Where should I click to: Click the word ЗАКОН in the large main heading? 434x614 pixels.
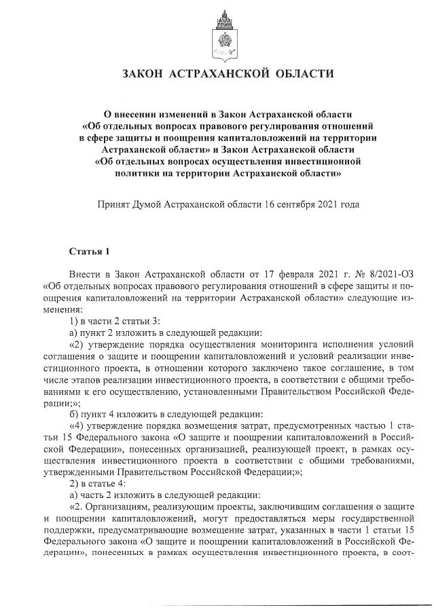tap(145, 73)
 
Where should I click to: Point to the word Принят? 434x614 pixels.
tap(116, 204)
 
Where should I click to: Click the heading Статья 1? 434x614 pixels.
tap(88, 252)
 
